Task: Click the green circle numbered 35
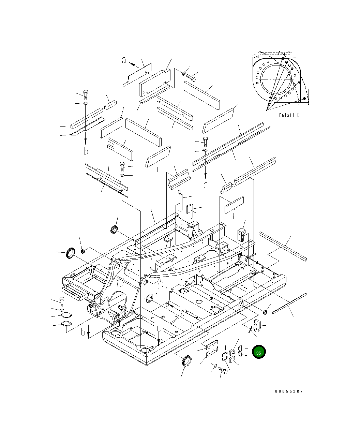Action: pyautogui.click(x=258, y=353)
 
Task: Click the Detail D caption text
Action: pyautogui.click(x=289, y=115)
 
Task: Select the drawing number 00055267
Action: pyautogui.click(x=289, y=391)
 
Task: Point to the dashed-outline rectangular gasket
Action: pyautogui.click(x=225, y=357)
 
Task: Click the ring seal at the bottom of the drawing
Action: pyautogui.click(x=187, y=361)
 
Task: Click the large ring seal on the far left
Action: pyautogui.click(x=71, y=253)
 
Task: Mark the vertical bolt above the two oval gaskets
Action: pyautogui.click(x=62, y=302)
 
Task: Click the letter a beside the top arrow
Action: pyautogui.click(x=124, y=61)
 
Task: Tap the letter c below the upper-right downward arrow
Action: pyautogui.click(x=206, y=185)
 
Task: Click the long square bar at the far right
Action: pyautogui.click(x=283, y=246)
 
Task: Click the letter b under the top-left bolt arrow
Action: pyautogui.click(x=86, y=151)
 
